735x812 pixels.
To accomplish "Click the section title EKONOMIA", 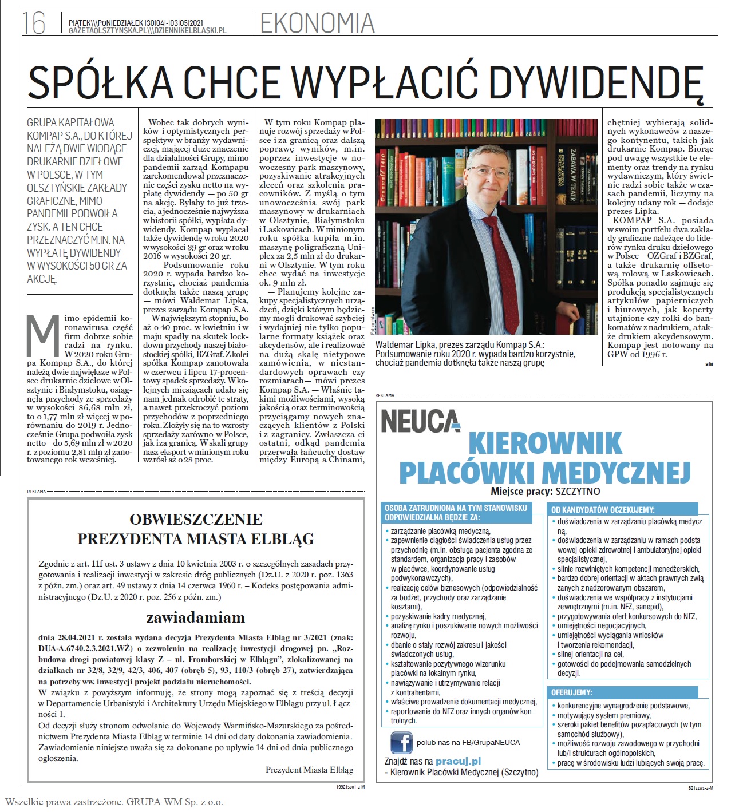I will point(317,23).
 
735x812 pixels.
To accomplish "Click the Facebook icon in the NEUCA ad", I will point(401,742).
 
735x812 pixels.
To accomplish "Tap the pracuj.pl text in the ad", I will point(458,761).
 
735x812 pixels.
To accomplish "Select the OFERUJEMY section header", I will point(572,692).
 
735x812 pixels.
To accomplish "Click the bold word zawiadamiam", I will point(196,617).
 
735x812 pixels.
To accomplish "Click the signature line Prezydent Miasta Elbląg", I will point(309,770).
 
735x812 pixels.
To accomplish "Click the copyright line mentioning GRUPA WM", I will point(114,802).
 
